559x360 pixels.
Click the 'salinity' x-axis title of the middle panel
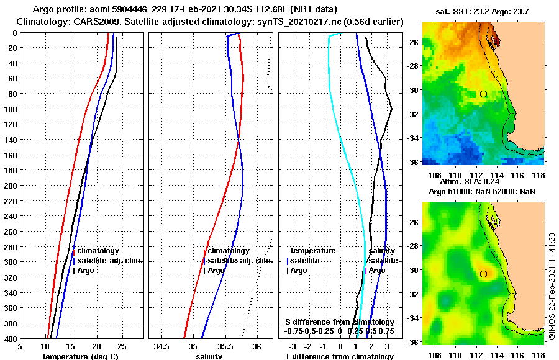tap(208, 356)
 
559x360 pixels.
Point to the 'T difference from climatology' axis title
tap(339, 356)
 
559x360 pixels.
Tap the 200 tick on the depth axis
tap(11, 186)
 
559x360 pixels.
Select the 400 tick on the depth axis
tap(11, 339)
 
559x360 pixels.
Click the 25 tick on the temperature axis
tap(122, 346)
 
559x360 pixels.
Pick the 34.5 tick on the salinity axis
tap(163, 346)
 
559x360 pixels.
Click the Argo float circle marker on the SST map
tap(483, 94)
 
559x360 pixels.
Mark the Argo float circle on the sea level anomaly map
tap(483, 274)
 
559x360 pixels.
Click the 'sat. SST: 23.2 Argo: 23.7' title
tap(483, 12)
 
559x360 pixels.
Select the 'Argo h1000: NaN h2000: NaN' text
tap(482, 192)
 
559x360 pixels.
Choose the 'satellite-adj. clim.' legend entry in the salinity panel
tap(240, 261)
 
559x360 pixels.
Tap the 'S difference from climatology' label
tap(339, 322)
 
